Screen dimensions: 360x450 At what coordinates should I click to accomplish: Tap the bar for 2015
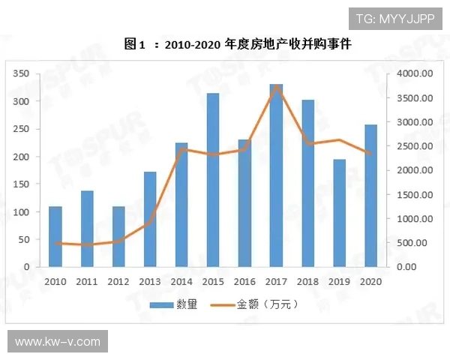click(x=213, y=180)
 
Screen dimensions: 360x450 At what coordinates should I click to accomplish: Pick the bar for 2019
click(x=340, y=213)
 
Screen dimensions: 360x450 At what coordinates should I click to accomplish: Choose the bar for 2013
click(x=150, y=219)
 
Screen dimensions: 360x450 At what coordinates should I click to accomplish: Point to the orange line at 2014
click(x=181, y=149)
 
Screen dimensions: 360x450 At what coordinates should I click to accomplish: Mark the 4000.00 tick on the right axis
click(x=414, y=73)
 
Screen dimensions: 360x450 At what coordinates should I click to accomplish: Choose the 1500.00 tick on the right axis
click(x=414, y=194)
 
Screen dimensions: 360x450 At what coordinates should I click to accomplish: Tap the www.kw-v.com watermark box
click(x=57, y=342)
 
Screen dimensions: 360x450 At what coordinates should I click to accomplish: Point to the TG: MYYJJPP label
click(x=394, y=18)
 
